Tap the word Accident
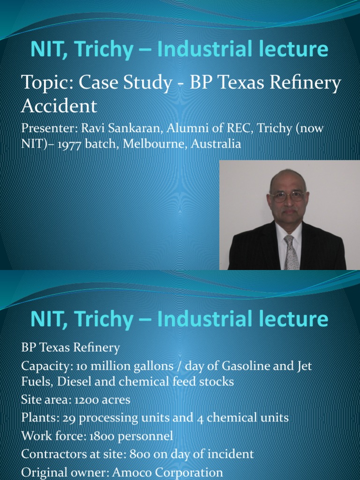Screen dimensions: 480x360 (x=59, y=106)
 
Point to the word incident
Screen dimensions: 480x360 (x=231, y=454)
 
